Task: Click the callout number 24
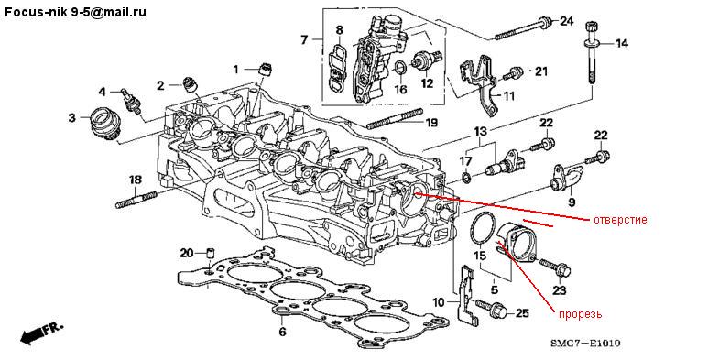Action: coord(566,21)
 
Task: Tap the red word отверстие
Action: coord(620,220)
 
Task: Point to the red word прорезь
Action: coord(580,314)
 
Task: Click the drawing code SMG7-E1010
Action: coord(585,343)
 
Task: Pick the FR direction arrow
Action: coord(41,333)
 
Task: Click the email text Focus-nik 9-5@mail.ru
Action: coord(76,12)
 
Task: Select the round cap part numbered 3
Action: coord(103,122)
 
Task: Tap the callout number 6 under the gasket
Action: coord(282,331)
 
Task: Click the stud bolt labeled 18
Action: coord(136,201)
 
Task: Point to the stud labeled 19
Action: coord(395,118)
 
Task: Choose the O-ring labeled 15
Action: coord(484,228)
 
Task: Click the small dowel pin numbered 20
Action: coord(212,253)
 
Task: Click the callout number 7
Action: coord(304,40)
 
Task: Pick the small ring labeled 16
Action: coord(400,69)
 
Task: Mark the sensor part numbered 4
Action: coord(131,101)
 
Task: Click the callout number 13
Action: coord(480,132)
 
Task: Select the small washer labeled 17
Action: coord(465,178)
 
